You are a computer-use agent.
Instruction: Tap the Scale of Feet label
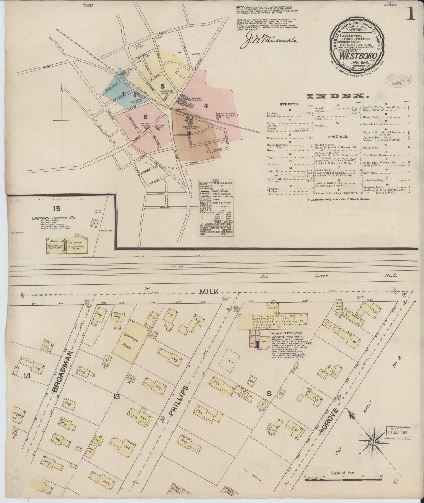click(x=343, y=473)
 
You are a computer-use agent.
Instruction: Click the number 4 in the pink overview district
click(x=206, y=106)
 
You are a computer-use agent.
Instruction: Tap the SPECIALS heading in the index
click(x=338, y=137)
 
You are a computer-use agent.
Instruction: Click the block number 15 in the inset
click(x=57, y=209)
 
